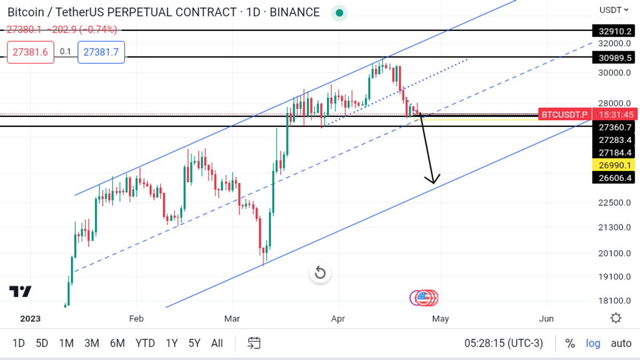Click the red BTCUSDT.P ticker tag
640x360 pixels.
[x=564, y=114]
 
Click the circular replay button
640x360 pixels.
[x=320, y=273]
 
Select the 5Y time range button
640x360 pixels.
[x=194, y=343]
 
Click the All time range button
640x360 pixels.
[x=217, y=343]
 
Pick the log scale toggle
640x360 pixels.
[x=593, y=343]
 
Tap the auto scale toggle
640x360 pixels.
[x=621, y=343]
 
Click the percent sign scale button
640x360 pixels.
[x=570, y=343]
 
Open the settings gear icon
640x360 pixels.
[x=616, y=318]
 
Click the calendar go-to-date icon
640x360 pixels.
[x=254, y=343]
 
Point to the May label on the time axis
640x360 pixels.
[x=441, y=318]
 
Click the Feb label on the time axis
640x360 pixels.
[x=137, y=318]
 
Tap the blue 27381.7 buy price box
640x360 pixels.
[x=101, y=52]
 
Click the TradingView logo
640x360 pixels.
[x=20, y=292]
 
